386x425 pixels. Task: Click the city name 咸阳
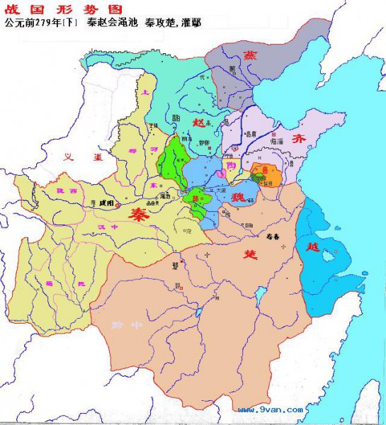point(107,203)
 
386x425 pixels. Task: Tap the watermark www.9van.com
point(271,409)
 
